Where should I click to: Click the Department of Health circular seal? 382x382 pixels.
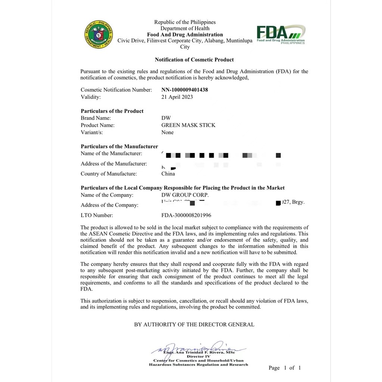98,35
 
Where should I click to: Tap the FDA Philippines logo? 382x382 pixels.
281,35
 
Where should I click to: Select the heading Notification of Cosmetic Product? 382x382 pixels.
194,60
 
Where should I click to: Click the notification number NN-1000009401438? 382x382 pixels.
185,90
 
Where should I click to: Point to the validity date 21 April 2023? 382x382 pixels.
177,97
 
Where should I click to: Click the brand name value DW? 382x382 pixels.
166,118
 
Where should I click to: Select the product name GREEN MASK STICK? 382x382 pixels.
188,125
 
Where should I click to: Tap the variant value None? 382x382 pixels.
167,132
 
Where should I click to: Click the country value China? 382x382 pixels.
168,174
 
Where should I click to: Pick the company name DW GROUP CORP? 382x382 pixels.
185,195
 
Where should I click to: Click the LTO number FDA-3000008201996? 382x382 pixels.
186,215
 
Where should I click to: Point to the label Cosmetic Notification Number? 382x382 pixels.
116,90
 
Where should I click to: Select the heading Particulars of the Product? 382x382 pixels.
112,111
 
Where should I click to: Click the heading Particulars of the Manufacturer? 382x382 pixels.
119,147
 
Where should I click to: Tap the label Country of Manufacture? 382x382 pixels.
109,174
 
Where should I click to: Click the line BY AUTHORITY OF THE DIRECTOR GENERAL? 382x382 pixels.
194,325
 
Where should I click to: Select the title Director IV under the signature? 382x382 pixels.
198,357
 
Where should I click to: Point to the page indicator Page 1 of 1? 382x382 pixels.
284,368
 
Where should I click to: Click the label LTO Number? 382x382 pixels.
97,215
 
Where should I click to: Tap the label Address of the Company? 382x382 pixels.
109,205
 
